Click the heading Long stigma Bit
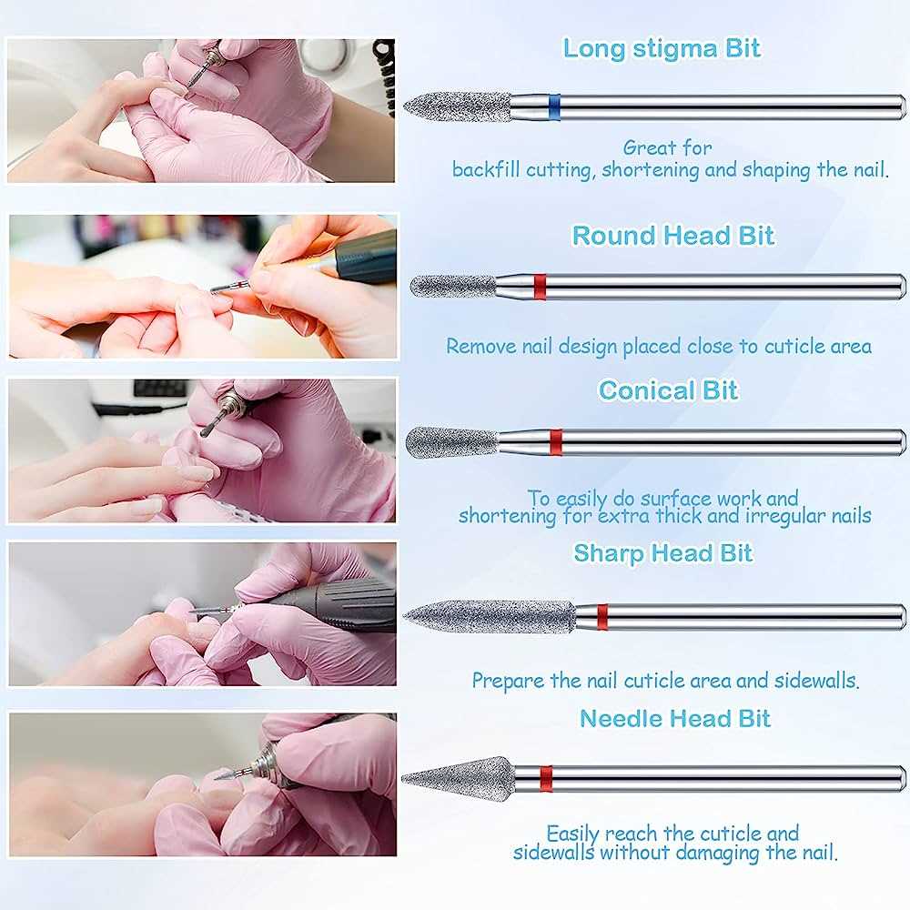(662, 47)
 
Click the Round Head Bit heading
(672, 236)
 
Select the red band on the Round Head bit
(539, 287)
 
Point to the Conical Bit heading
(668, 390)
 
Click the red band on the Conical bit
(556, 441)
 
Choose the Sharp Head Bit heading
(662, 552)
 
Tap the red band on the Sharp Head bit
(602, 617)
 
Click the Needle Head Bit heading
(675, 718)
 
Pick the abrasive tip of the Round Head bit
(452, 287)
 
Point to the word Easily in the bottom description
(575, 834)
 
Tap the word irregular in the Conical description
(766, 516)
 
